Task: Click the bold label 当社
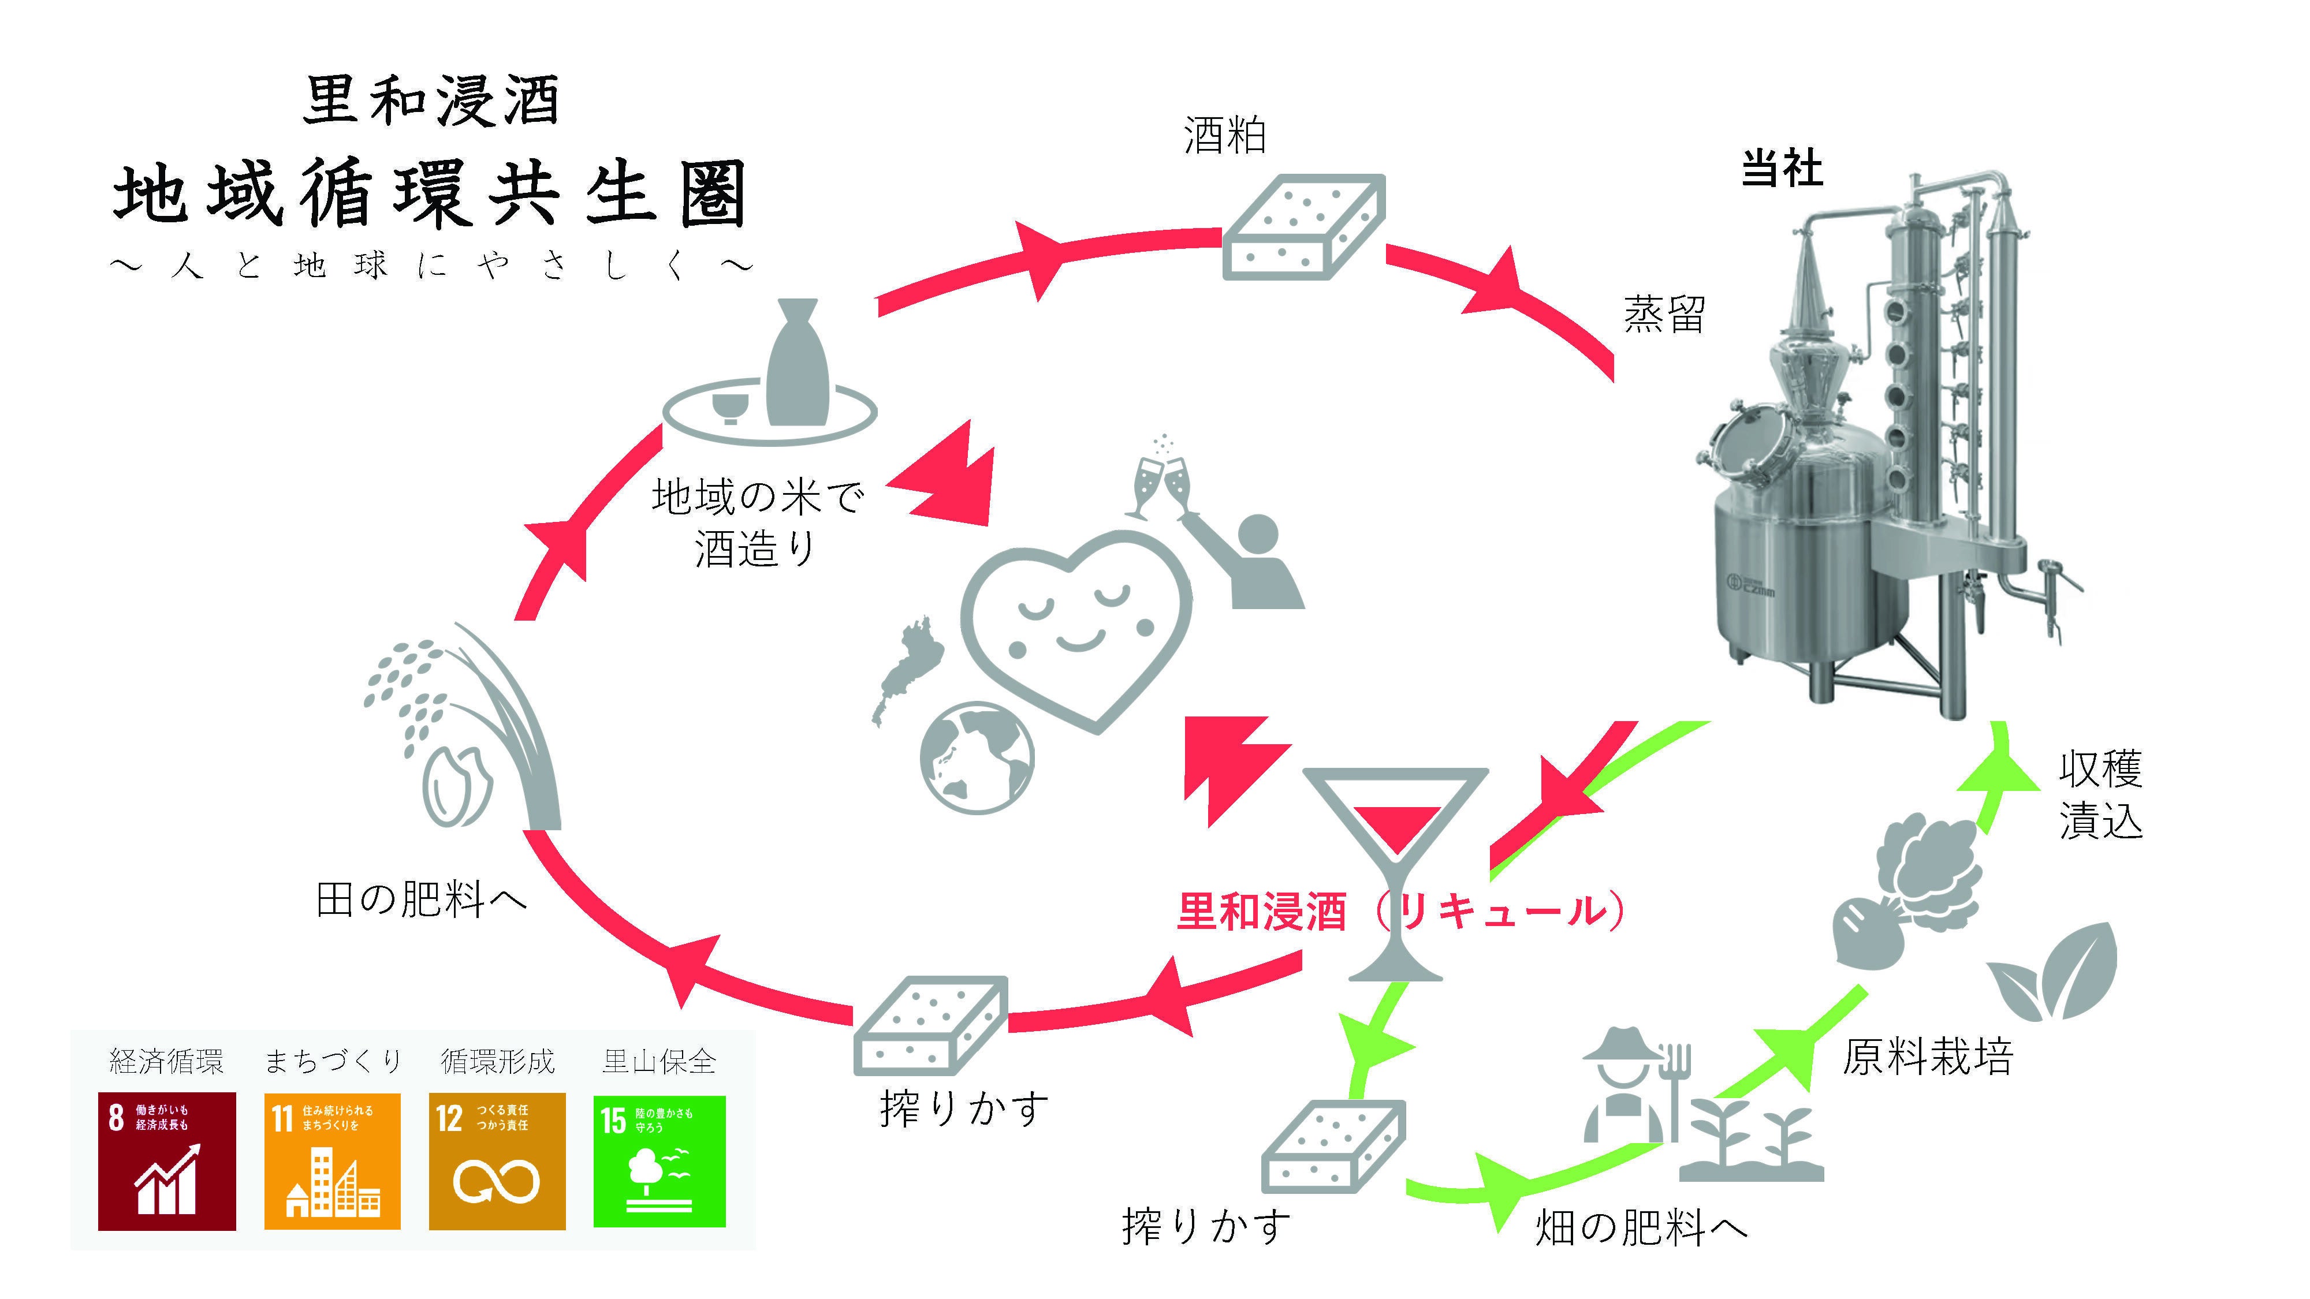coord(1782,169)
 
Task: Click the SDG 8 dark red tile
coord(167,1161)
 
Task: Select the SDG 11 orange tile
coord(333,1161)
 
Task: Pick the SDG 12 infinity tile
coord(497,1161)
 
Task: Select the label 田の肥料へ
coord(422,899)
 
